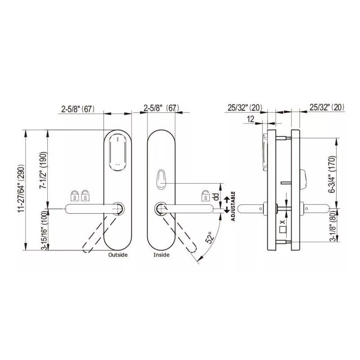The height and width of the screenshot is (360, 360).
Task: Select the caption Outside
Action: pos(118,255)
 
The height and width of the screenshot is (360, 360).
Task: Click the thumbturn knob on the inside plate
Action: pos(162,180)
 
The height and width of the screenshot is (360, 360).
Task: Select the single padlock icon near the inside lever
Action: pos(205,196)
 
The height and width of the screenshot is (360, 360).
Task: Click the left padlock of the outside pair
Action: pos(74,196)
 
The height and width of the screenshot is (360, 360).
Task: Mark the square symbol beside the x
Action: pos(283,229)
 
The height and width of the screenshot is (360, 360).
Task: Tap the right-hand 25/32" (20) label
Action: pos(327,107)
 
